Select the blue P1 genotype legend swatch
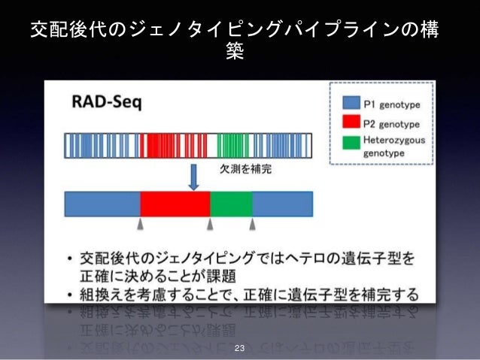(x=351, y=102)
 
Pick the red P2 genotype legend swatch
(x=351, y=123)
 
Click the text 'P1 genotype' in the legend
(x=392, y=103)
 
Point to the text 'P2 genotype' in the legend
(x=392, y=123)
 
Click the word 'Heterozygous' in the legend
(x=394, y=139)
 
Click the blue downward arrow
(x=193, y=177)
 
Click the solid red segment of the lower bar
(x=175, y=204)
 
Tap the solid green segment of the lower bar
(x=231, y=204)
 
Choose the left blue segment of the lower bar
(x=102, y=204)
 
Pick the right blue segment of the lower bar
(x=282, y=204)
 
